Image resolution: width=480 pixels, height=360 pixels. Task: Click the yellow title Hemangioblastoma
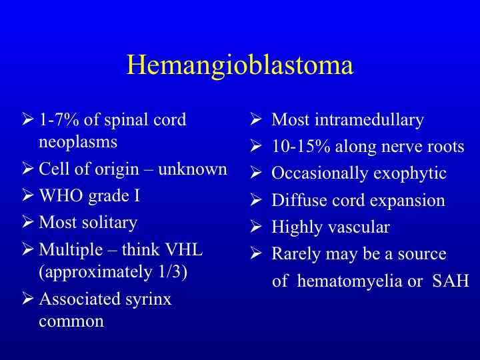(240, 65)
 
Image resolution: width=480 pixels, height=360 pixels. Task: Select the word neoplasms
(78, 143)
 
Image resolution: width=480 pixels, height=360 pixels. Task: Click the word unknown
(193, 169)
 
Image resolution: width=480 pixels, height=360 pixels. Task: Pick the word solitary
(109, 223)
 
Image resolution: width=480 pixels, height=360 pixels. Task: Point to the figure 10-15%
(301, 147)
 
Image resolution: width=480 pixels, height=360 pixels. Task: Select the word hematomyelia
(349, 281)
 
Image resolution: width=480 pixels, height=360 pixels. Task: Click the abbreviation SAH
(451, 281)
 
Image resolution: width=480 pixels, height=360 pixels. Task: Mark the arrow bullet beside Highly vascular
(256, 226)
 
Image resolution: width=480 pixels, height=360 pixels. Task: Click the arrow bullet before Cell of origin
(28, 169)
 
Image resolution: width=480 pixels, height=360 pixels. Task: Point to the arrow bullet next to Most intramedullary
(256, 119)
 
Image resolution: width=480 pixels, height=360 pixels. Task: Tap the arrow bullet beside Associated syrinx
(28, 299)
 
